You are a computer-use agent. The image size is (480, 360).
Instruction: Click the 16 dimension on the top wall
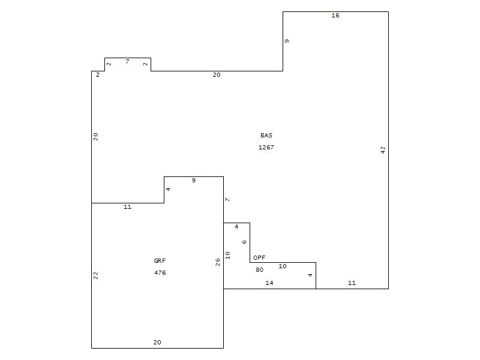coord(335,16)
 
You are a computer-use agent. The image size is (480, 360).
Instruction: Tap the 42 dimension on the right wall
coord(383,150)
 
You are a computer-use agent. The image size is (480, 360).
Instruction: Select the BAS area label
coord(266,136)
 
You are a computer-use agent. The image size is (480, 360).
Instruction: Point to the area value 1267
coord(266,147)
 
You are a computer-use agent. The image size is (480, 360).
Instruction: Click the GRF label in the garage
coord(160,261)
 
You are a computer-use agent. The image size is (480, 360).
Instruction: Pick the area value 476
coord(160,273)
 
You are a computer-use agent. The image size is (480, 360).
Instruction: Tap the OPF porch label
coord(259,258)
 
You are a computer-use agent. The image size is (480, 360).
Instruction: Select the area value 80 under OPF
coord(259,269)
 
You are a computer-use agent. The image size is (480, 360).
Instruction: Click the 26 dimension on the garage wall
coord(218,262)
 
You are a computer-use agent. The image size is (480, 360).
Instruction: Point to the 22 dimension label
coord(95,275)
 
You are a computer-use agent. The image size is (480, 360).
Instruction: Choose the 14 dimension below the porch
coord(269,283)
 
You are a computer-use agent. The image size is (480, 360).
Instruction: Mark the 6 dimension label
coord(244,242)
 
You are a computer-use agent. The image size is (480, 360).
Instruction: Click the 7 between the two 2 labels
coord(127,62)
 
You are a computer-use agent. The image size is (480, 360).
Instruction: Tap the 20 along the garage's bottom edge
coord(157,342)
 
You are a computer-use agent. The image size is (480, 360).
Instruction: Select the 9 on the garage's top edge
coord(193,181)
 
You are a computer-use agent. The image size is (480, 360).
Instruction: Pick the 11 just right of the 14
coord(352,283)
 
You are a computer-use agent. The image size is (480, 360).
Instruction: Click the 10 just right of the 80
coord(283,266)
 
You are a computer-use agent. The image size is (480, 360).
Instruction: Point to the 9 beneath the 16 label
coord(287,41)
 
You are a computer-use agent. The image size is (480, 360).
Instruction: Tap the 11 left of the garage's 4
coord(127,207)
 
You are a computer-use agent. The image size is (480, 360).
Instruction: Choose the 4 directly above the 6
coord(236,227)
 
